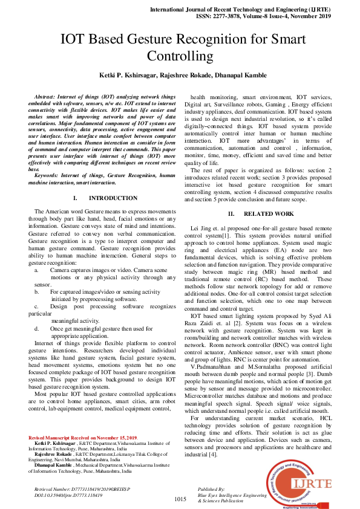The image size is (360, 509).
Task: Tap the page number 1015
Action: pos(180,499)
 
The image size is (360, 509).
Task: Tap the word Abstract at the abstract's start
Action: pos(46,97)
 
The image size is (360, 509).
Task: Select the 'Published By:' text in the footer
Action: pos(211,488)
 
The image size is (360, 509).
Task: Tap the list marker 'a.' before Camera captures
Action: pos(37,270)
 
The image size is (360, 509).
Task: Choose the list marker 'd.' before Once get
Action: pos(37,328)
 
